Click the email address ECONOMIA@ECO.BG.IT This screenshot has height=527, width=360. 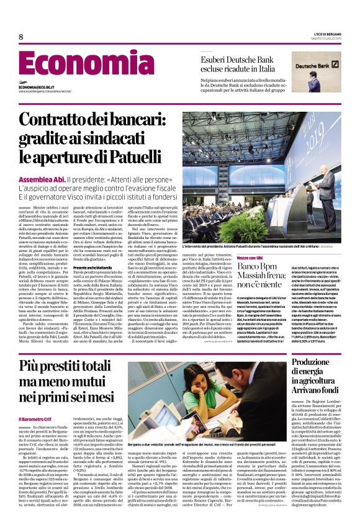40,88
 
